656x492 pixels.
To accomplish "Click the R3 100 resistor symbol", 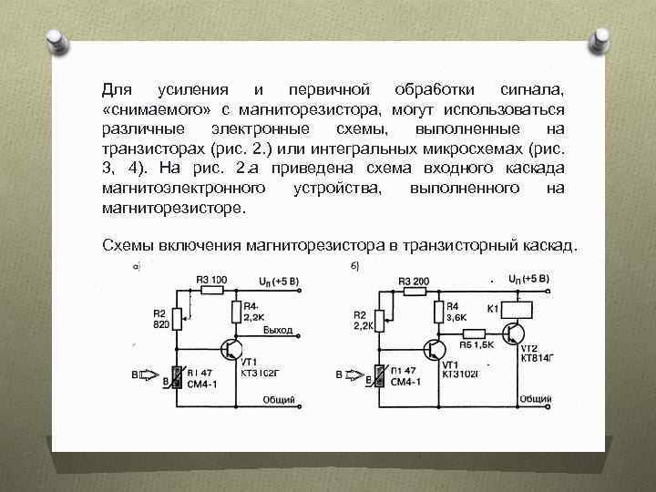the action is click(211, 291).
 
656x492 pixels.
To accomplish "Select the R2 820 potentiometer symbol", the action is click(179, 321).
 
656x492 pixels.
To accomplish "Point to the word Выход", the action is click(277, 330).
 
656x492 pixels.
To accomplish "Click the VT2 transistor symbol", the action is click(518, 333).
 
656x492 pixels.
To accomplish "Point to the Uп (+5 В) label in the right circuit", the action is click(528, 278).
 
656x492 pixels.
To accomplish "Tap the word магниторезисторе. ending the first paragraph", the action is click(173, 208).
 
